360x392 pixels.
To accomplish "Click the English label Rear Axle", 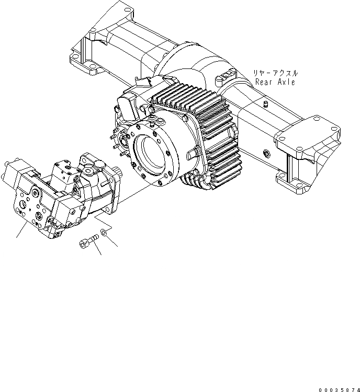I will (x=275, y=82).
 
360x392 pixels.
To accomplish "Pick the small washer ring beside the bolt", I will (x=106, y=231).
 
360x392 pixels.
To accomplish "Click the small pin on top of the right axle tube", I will (x=265, y=105).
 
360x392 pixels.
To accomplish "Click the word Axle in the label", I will (x=286, y=82).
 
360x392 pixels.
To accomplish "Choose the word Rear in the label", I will (x=264, y=82).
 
